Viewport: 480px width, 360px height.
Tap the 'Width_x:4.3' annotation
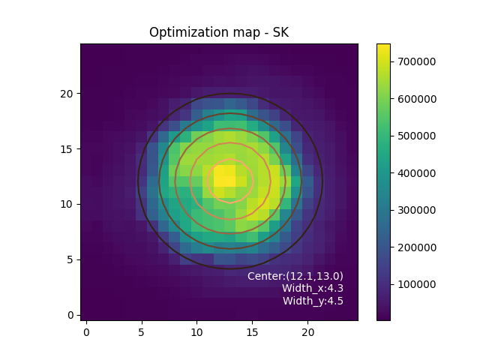pyautogui.click(x=313, y=288)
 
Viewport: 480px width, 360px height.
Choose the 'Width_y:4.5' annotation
pyautogui.click(x=313, y=301)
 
